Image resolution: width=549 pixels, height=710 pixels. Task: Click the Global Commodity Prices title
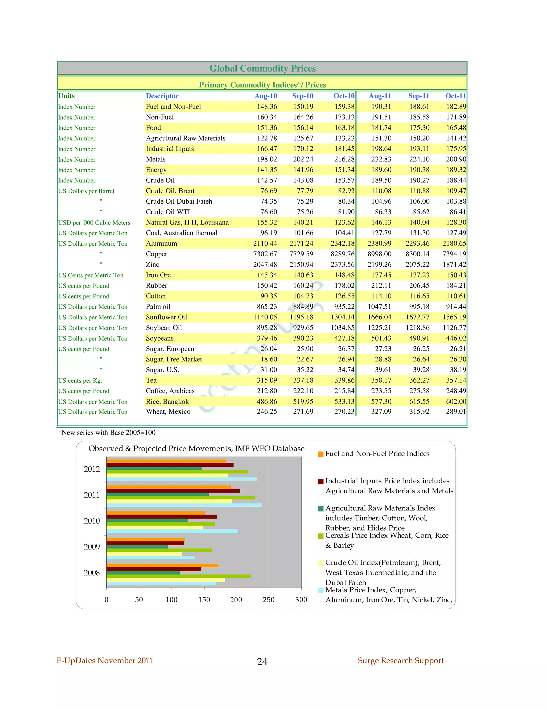pos(262,68)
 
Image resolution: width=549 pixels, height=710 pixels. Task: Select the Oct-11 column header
pos(455,96)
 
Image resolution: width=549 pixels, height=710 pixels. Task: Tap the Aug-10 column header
pos(265,96)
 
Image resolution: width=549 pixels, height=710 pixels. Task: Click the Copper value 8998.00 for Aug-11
pos(379,254)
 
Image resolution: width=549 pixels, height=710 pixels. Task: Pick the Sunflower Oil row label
pos(166,317)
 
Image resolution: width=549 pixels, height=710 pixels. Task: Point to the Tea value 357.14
pos(456,380)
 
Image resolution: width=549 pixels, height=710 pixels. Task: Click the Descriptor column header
pos(162,96)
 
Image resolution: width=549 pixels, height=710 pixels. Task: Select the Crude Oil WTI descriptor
pos(168,212)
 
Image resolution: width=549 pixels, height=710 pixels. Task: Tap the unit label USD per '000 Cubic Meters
pos(94,223)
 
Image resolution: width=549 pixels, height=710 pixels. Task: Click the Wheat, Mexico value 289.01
pos(456,412)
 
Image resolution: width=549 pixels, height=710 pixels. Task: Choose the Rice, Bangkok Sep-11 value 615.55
pos(419,402)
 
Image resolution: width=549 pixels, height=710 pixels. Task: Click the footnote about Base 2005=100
pos(107,433)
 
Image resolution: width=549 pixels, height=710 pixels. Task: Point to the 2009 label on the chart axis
pos(92,547)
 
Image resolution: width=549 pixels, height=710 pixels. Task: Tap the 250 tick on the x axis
pos(268,600)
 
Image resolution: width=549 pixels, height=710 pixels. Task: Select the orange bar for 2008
pos(162,565)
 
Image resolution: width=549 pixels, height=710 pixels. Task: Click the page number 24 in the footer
pos(262,662)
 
